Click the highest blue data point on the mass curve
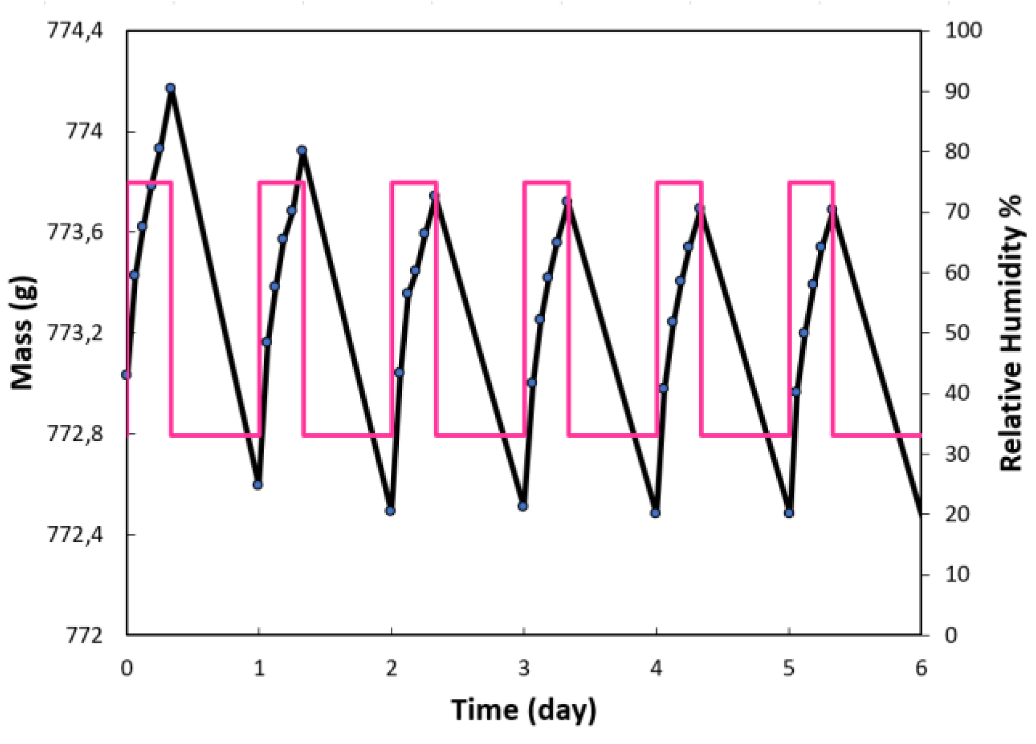point(171,88)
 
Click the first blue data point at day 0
point(126,375)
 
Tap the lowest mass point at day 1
point(258,485)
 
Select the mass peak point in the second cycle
point(302,150)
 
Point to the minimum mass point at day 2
point(390,511)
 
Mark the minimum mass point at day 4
point(655,513)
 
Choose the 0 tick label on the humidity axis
point(951,635)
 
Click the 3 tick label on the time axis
point(524,668)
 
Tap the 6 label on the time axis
point(921,668)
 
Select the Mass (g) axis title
point(23,332)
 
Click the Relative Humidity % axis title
point(1011,332)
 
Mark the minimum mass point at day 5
point(789,513)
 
